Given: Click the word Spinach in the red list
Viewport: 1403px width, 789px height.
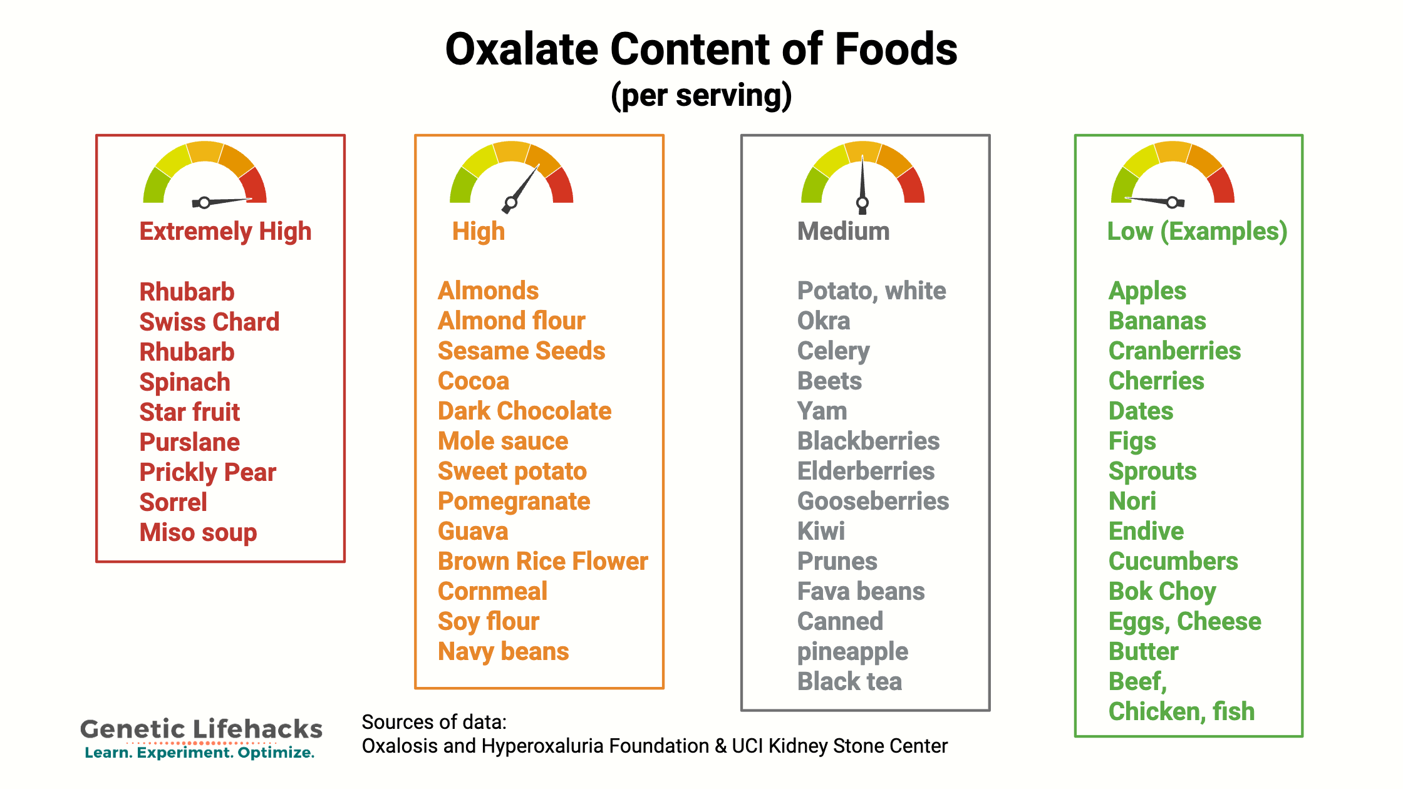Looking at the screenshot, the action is [185, 383].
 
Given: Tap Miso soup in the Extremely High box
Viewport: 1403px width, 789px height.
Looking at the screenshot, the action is [198, 533].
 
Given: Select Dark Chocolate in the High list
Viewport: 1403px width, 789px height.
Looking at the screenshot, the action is [524, 411].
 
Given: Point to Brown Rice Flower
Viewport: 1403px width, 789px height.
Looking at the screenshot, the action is [542, 562].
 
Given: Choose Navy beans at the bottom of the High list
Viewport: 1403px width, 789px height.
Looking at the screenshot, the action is [503, 652].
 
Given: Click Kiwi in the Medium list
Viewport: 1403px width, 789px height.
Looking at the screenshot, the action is [821, 532].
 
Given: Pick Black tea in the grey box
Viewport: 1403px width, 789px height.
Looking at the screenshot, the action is [849, 682].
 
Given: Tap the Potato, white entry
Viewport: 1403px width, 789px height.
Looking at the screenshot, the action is [871, 291].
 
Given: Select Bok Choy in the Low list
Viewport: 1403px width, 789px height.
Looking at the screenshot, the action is [1162, 592].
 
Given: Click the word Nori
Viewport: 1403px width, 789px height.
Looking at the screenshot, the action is [1132, 502].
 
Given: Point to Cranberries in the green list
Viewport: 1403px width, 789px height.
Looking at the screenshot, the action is [1174, 351].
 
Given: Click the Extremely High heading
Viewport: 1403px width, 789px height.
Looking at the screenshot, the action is [225, 232].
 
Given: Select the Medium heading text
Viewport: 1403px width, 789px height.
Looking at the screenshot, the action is [843, 232].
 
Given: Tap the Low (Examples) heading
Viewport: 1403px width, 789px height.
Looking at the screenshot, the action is [1197, 232].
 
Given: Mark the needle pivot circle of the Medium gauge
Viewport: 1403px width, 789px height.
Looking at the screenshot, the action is [862, 202].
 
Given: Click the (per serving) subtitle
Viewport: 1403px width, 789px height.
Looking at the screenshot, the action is [701, 96].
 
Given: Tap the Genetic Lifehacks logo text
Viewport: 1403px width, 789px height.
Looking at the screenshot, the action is [201, 730].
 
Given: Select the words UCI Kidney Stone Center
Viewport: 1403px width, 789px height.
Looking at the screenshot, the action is [839, 746].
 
